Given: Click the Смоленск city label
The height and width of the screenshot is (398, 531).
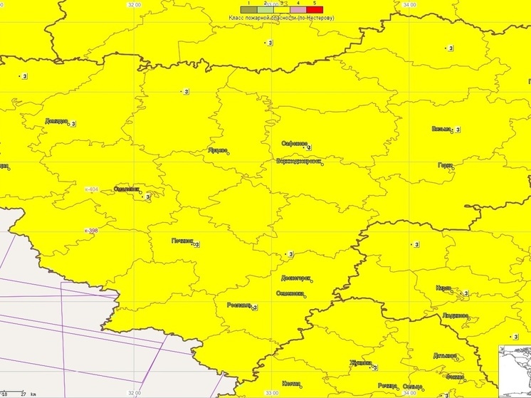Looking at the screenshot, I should [126, 189].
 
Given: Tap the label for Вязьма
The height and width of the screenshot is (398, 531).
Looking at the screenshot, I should [441, 129].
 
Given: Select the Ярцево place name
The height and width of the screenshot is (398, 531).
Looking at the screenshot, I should [216, 150].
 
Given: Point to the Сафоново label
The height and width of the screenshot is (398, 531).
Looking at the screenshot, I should [294, 144].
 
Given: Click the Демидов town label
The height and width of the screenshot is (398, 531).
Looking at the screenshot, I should [56, 122].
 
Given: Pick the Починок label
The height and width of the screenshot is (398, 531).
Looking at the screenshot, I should [182, 241].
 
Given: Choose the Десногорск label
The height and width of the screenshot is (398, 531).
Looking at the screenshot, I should [295, 278].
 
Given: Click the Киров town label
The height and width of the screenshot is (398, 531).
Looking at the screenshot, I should [443, 288].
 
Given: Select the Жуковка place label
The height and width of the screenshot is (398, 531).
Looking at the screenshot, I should [360, 363].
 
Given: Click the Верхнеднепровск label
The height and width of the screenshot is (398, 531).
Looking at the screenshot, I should [299, 162].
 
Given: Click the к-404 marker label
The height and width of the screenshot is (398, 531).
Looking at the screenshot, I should [92, 189].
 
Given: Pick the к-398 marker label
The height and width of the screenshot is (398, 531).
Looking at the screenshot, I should [90, 231].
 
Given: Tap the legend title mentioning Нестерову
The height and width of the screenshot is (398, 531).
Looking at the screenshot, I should [282, 17].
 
